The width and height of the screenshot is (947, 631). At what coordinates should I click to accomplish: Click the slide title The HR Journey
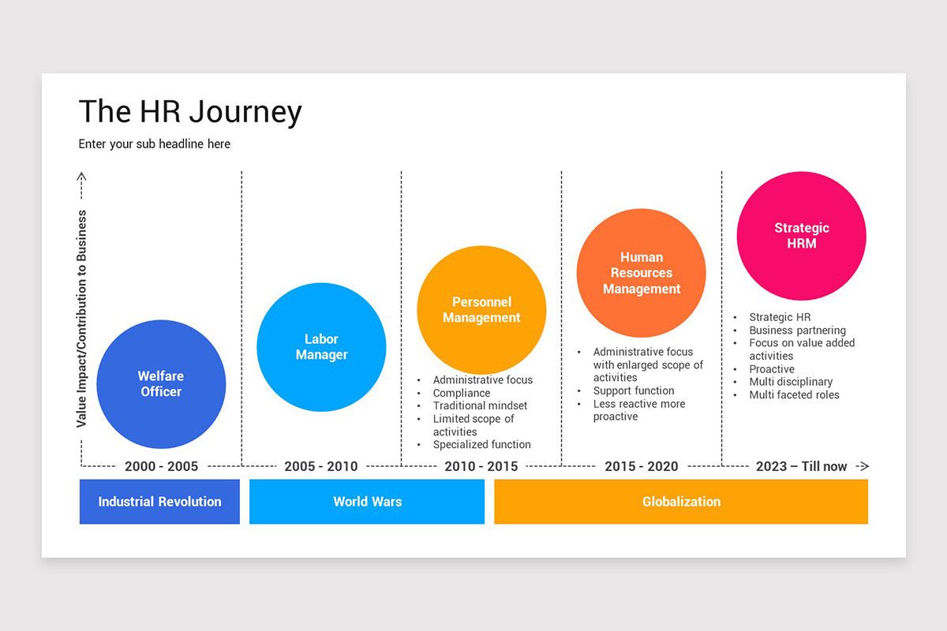(x=190, y=112)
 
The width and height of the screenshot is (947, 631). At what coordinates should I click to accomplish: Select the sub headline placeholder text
(x=155, y=144)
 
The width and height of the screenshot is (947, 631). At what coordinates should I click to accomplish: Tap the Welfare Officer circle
(x=161, y=384)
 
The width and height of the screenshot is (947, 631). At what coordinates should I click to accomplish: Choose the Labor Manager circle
(x=321, y=347)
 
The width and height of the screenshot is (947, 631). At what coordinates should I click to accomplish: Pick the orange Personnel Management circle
(x=481, y=310)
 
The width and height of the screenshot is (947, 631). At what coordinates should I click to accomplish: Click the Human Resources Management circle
(x=642, y=273)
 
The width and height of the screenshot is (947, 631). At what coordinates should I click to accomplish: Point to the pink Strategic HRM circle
(x=802, y=236)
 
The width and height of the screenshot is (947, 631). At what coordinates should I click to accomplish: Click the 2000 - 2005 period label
(x=161, y=466)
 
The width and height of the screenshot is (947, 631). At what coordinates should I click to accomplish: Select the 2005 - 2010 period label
(x=321, y=466)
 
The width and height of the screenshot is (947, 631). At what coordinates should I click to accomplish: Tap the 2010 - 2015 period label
(x=481, y=466)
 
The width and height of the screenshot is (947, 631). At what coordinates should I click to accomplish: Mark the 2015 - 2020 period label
(x=642, y=466)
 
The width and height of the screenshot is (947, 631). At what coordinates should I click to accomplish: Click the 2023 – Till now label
(x=802, y=466)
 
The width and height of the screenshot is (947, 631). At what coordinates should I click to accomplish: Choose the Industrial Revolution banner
(x=159, y=502)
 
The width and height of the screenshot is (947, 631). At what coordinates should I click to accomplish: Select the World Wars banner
(x=367, y=502)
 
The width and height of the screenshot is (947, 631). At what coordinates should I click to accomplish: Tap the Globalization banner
(x=681, y=502)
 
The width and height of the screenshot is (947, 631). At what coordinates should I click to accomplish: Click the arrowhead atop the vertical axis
(x=81, y=176)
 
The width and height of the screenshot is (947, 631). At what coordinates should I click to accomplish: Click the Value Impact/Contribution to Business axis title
(x=81, y=319)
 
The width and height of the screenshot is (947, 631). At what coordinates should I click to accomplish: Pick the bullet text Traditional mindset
(x=480, y=405)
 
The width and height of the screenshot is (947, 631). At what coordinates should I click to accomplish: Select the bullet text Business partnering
(x=797, y=330)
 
